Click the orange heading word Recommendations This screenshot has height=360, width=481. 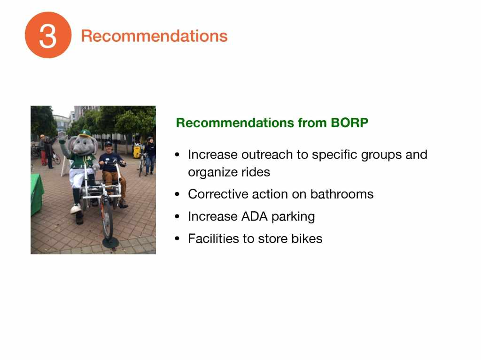pos(154,36)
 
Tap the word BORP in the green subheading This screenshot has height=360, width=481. pos(349,123)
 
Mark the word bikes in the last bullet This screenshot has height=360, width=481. pos(307,238)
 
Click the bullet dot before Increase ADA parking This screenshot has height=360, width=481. pos(177,217)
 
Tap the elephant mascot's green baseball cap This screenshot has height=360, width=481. pos(85,133)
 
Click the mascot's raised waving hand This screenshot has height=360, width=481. pos(63,137)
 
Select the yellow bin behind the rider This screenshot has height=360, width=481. pos(137,152)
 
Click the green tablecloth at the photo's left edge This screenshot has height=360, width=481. pos(37,194)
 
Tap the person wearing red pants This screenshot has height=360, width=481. pos(43,150)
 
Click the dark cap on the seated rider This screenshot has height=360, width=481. pos(108,143)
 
